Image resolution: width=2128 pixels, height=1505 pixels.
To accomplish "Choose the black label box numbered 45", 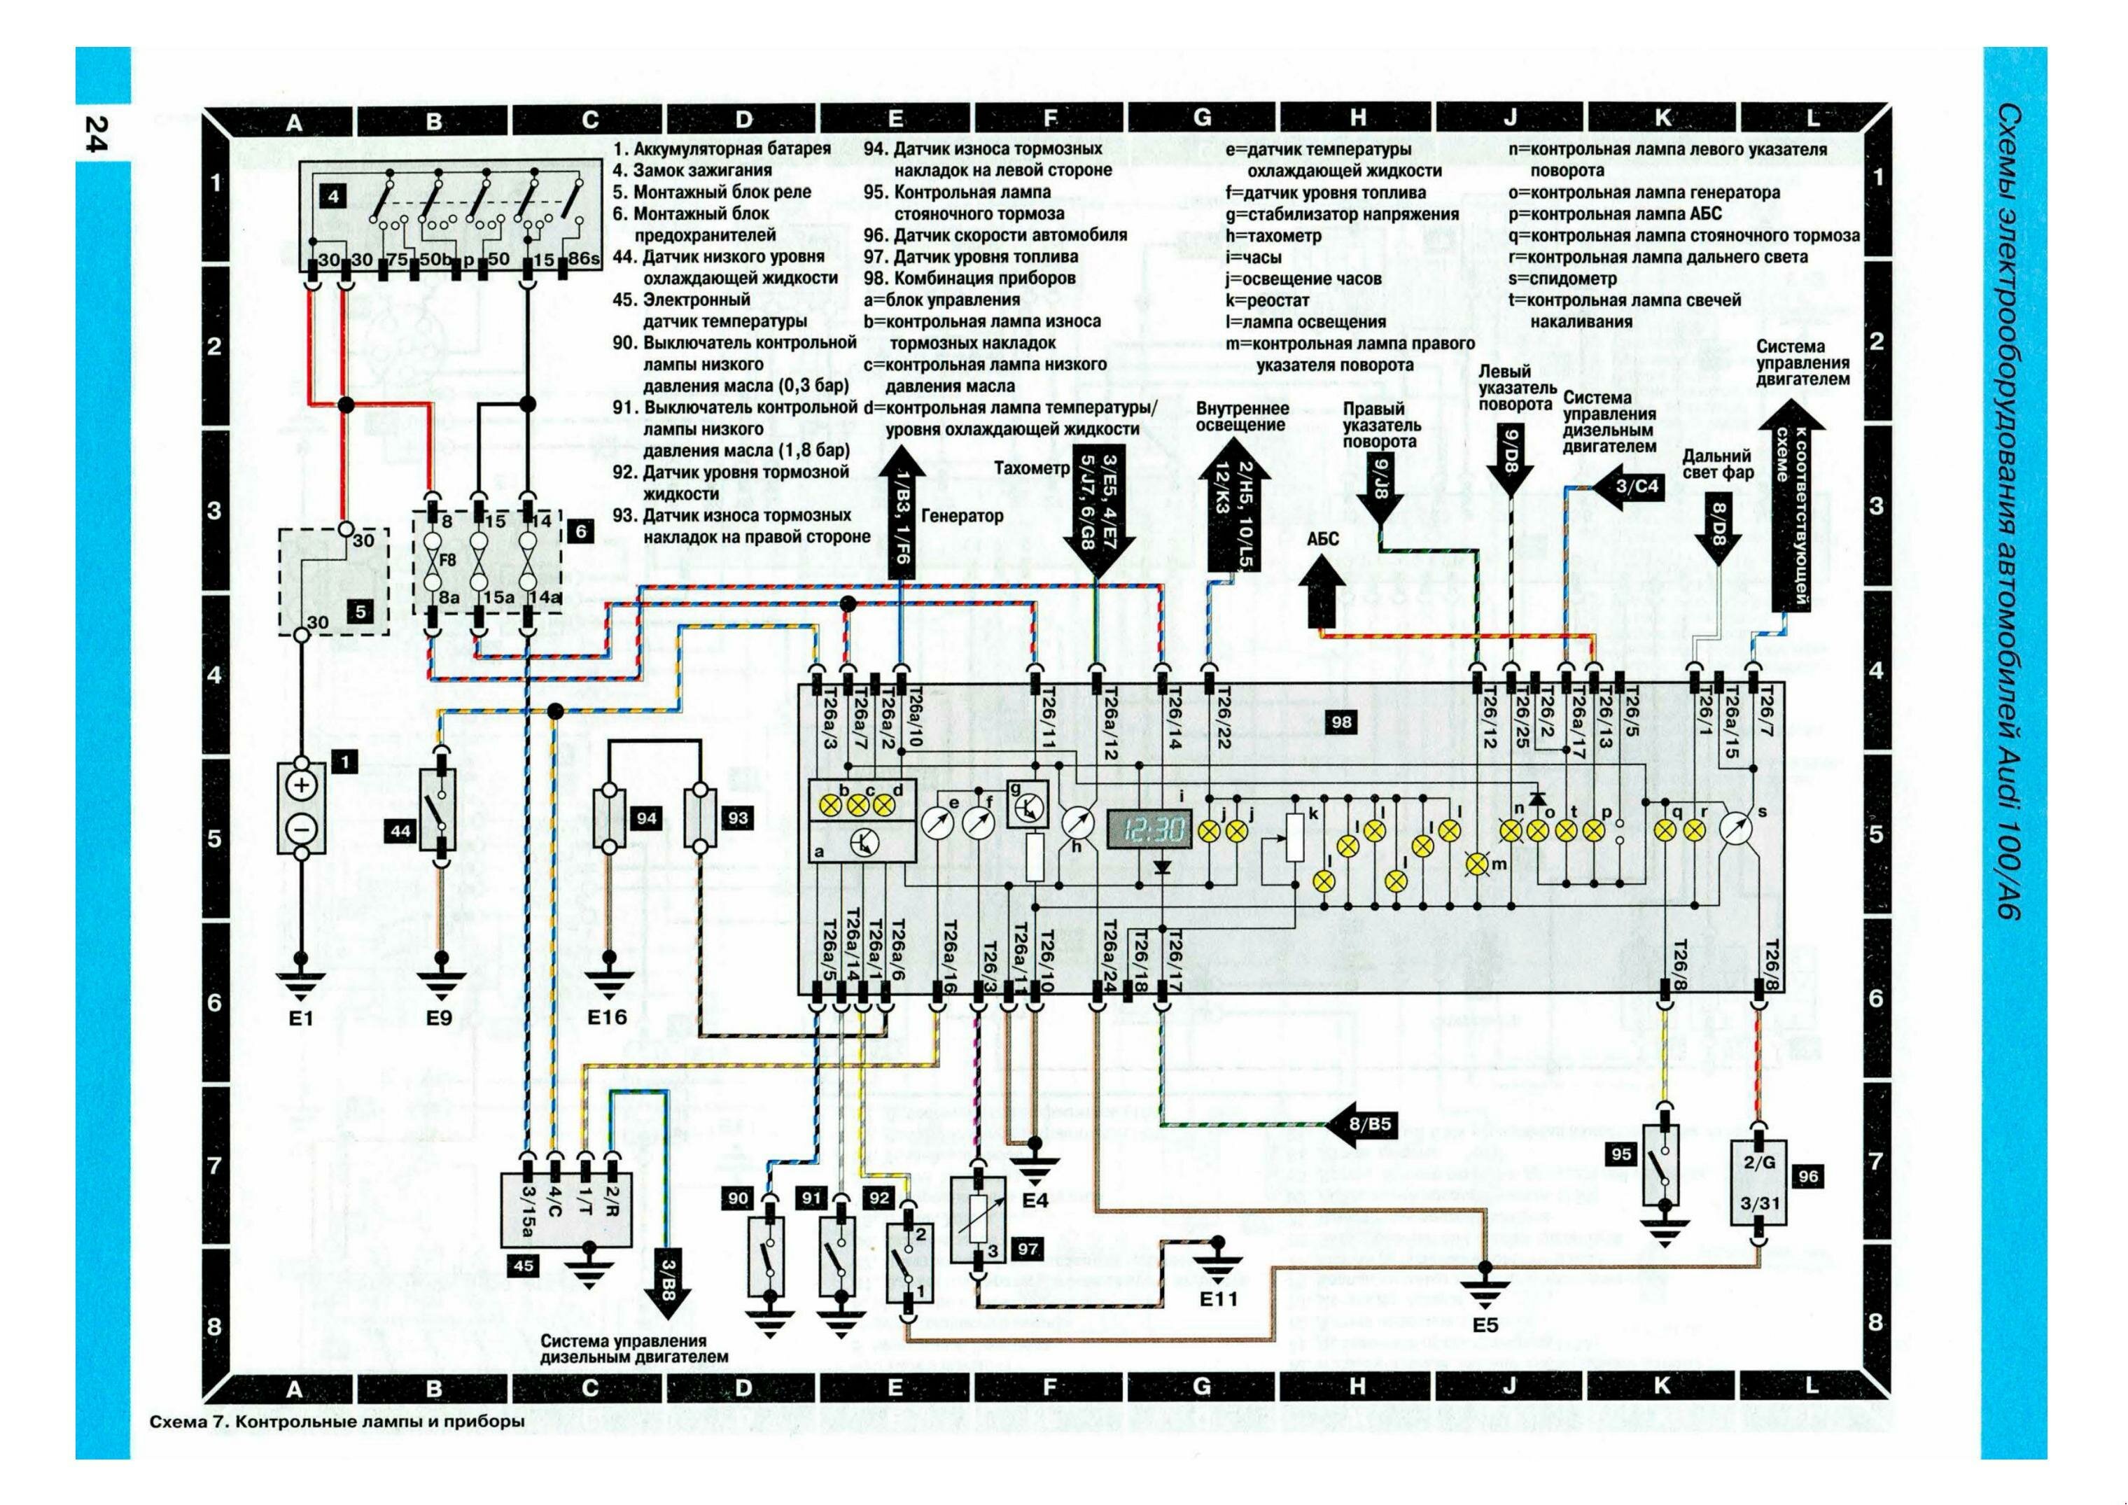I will [524, 1264].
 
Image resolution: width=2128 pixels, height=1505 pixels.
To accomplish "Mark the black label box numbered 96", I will [1807, 1176].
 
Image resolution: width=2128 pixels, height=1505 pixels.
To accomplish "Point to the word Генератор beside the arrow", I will [963, 515].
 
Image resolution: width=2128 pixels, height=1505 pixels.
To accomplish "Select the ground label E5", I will [1485, 1324].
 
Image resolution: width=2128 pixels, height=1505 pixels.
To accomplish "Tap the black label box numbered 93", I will [737, 818].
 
